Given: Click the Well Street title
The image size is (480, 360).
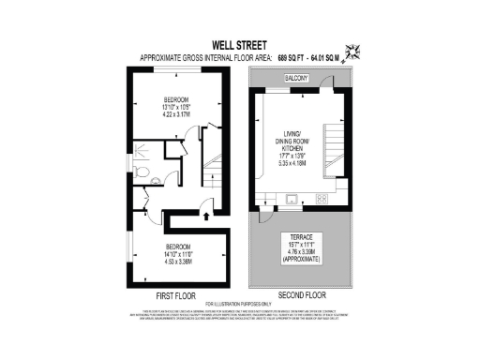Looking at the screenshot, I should click(x=239, y=43).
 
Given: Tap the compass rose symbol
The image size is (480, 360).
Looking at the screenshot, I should click(x=353, y=52).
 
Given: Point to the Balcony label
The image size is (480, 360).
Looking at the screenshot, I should click(x=298, y=82).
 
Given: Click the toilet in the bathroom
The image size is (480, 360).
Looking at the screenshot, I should click(x=138, y=172).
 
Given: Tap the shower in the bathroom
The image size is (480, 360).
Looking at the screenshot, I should click(x=143, y=149).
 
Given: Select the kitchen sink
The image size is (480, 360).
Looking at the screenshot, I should click(x=292, y=199).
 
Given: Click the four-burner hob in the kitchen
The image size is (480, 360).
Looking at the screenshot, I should click(x=322, y=199).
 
